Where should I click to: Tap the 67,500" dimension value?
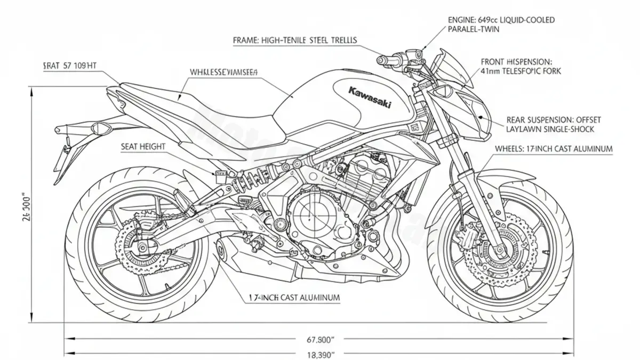319,339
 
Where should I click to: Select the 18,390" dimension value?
319,354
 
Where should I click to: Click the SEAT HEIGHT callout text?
143,146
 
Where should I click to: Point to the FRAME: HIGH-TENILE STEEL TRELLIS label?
295,40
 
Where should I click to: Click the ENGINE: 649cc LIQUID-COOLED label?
501,20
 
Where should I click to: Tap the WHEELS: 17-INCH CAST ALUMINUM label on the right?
554,149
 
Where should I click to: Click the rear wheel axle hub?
143,247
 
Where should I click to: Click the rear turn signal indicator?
99,129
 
